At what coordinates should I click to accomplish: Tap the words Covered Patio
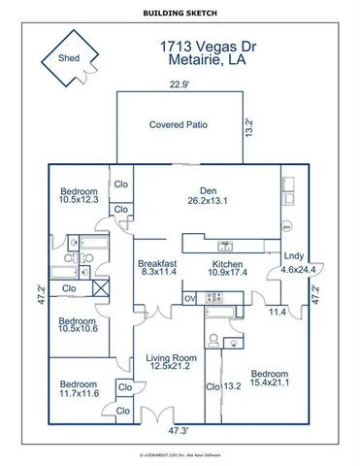[x=179, y=125]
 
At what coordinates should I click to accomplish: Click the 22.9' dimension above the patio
[x=179, y=84]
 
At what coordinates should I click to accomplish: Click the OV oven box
[x=190, y=298]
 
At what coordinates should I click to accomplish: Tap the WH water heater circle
[x=286, y=226]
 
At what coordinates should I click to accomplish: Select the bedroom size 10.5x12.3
[x=78, y=200]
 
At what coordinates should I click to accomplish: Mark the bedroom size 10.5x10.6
[x=77, y=329]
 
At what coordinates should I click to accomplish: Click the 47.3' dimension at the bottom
[x=179, y=430]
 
